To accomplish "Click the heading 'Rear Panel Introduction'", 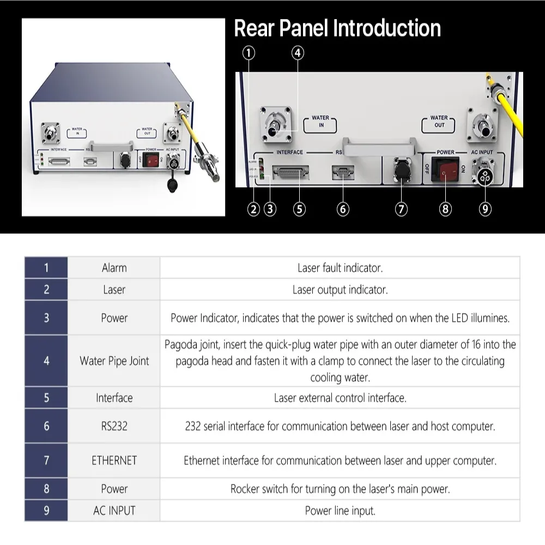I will tap(337, 28).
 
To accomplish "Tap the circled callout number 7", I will tap(401, 209).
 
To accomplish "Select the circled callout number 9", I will tap(485, 209).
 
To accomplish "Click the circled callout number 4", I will tap(297, 53).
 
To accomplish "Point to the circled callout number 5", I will tap(299, 209).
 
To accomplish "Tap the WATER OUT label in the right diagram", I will tap(439, 121).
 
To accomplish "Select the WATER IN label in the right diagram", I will tap(320, 121).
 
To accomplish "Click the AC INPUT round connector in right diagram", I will tap(483, 168).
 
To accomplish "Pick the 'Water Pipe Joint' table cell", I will tap(114, 361).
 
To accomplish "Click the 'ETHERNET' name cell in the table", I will tap(114, 461).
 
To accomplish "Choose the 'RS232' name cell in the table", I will tap(114, 426).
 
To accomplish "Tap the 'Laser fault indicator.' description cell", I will tap(340, 268).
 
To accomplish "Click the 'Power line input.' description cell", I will tap(340, 511).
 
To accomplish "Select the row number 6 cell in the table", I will tap(46, 426).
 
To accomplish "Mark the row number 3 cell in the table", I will tap(46, 318).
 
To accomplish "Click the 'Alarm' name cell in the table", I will tap(114, 268).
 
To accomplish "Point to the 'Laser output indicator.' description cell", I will tap(340, 290).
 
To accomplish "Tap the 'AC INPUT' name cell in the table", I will tap(114, 511).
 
